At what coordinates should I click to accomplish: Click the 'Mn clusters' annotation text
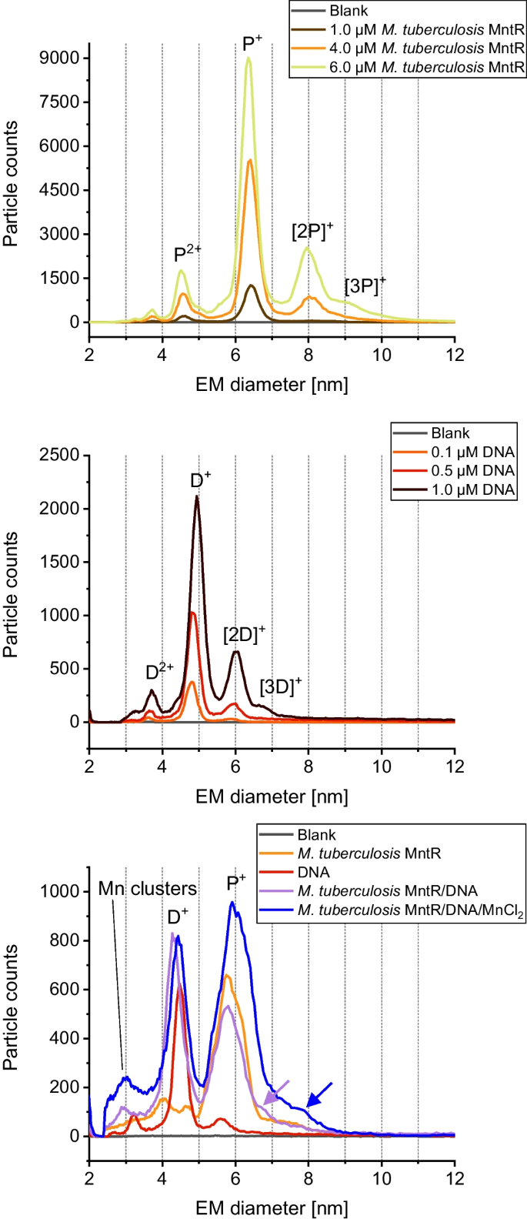(147, 889)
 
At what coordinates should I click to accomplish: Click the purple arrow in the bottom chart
(275, 1092)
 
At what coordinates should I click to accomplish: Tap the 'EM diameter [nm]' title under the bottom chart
(272, 1205)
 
